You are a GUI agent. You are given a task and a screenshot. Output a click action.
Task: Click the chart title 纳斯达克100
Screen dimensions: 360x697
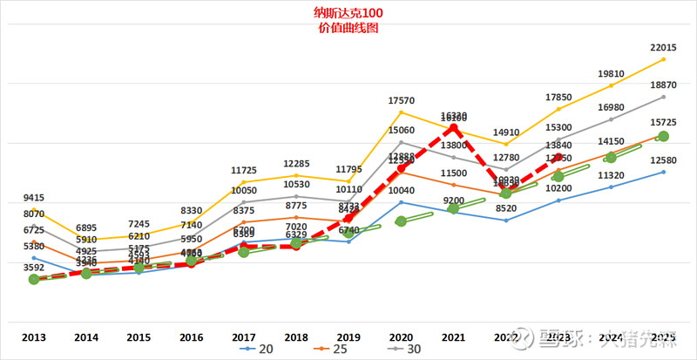[x=349, y=14]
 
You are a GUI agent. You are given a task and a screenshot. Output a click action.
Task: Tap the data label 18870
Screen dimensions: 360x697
[x=664, y=85]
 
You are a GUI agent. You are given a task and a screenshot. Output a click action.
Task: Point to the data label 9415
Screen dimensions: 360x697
[x=33, y=198]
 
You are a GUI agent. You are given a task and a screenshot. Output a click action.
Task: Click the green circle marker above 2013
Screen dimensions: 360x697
[x=33, y=279]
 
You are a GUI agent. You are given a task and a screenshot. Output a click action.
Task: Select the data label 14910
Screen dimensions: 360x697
[x=506, y=132]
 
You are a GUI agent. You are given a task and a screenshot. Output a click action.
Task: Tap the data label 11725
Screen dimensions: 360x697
[x=243, y=170]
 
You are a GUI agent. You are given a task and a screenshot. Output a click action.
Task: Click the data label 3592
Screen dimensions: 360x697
[x=33, y=268]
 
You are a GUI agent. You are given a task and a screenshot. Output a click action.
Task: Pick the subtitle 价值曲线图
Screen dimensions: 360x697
[x=349, y=28]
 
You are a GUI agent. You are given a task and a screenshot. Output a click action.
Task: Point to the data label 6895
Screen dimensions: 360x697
[x=85, y=228]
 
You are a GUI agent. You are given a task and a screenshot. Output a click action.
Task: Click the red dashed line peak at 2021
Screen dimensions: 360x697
[x=454, y=128]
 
